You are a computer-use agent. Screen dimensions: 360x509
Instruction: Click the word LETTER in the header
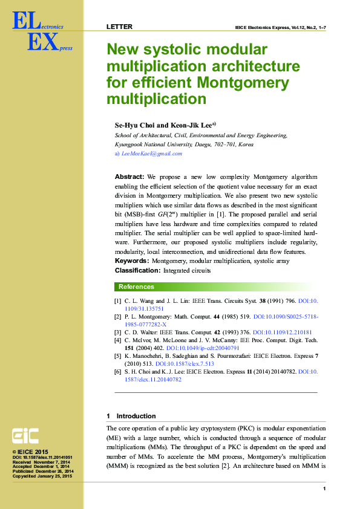pos(119,27)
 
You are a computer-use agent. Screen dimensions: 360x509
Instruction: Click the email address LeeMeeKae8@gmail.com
pos(151,154)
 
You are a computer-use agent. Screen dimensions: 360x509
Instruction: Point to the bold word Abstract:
pos(129,177)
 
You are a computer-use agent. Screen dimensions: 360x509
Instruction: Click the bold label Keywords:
pos(132,261)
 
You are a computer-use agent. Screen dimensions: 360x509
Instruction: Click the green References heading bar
pos(217,287)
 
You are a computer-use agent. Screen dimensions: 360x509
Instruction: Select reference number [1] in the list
pos(117,300)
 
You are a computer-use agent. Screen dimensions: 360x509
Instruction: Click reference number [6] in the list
pos(117,372)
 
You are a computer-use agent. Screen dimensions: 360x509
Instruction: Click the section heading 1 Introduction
pos(131,416)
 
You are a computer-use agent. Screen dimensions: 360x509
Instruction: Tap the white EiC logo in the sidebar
pos(25,436)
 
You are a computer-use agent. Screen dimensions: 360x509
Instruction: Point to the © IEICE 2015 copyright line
pos(30,452)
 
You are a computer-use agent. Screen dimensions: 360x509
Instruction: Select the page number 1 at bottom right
pos(325,488)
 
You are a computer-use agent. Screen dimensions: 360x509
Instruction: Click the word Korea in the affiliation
pos(246,145)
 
